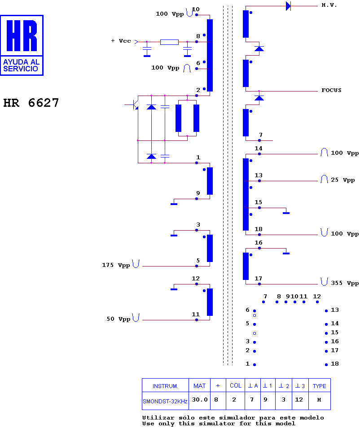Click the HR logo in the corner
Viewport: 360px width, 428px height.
pos(22,45)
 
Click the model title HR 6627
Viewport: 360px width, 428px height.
pos(31,103)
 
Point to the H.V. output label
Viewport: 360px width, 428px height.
pos(329,5)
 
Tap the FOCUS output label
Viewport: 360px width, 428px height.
pos(331,90)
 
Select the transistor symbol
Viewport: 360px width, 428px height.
pos(134,105)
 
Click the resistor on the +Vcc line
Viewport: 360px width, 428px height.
pos(169,42)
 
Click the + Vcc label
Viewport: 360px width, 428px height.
pos(121,41)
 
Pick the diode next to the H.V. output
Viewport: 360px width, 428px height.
pos(288,6)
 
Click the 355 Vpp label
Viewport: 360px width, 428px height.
pos(345,283)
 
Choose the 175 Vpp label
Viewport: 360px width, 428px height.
pos(116,265)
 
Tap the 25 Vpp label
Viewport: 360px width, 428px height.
pos(343,180)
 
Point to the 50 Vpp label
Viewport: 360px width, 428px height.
pos(118,319)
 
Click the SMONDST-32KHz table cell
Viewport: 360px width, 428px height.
pos(165,401)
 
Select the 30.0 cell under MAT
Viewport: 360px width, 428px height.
pos(200,400)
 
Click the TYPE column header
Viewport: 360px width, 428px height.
pos(319,386)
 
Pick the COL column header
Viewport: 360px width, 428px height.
pos(236,385)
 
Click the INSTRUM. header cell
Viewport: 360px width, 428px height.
pos(165,386)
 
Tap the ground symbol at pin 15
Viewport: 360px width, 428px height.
pos(286,213)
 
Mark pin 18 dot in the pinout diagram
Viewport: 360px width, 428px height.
pos(326,365)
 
